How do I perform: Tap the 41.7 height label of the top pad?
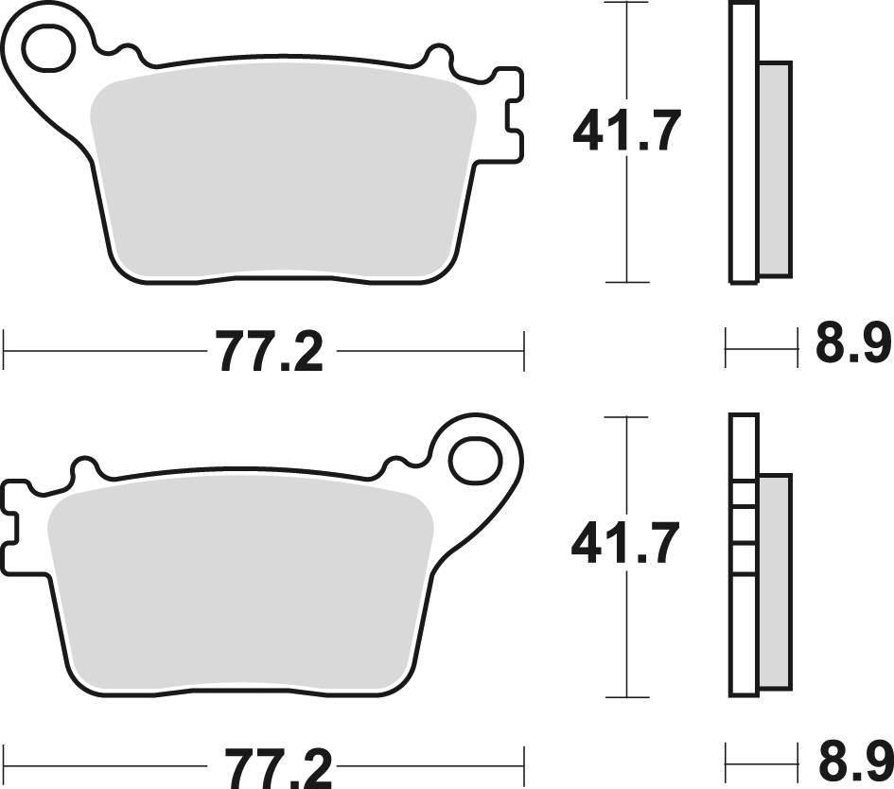coord(626,131)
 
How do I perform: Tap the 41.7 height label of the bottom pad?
coord(626,544)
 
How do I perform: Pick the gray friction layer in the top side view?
coord(775,170)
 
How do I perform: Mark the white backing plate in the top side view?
coord(744,142)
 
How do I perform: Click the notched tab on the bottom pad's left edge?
coord(13,517)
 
